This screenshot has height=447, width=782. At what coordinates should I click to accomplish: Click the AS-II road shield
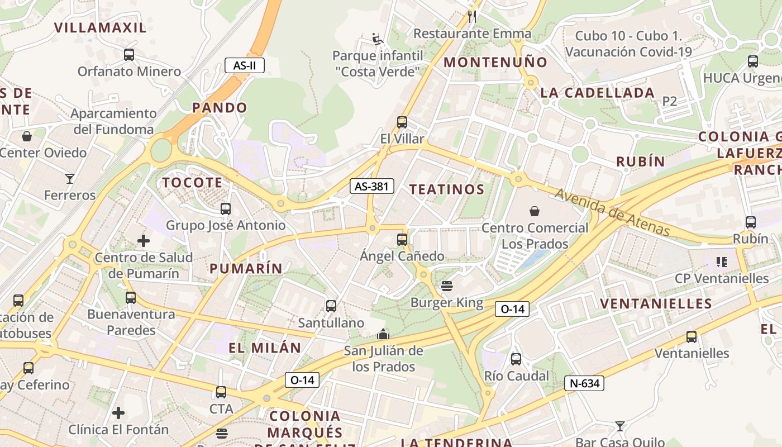[x=245, y=65]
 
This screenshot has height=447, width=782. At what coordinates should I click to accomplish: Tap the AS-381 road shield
[x=372, y=186]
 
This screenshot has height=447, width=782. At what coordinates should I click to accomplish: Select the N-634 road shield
[x=584, y=383]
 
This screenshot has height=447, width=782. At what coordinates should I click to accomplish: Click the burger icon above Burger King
[x=446, y=286]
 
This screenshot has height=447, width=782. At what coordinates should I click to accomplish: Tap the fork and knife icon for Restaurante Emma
[x=472, y=16]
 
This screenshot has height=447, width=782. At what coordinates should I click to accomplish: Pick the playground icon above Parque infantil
[x=378, y=39]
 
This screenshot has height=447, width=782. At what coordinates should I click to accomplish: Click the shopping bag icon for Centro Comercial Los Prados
[x=535, y=211]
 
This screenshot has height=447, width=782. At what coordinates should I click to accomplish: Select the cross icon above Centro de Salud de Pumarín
[x=144, y=241]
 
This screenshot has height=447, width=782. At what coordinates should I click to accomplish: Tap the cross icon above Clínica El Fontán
[x=118, y=413]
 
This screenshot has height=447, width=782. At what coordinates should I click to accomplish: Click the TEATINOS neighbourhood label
[x=447, y=189]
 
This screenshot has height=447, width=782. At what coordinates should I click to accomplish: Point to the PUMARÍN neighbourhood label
[x=246, y=268]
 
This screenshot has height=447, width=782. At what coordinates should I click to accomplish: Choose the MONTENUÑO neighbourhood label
[x=495, y=62]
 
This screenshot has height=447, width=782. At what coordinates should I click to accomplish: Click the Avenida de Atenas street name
[x=612, y=212]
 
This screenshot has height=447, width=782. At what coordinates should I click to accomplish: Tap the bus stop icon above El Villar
[x=402, y=122]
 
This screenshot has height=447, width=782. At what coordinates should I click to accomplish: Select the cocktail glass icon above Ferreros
[x=70, y=179]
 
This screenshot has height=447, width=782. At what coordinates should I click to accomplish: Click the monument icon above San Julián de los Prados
[x=383, y=334]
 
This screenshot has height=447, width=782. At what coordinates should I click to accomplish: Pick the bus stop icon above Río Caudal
[x=516, y=359]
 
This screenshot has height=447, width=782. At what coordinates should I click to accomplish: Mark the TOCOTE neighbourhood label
[x=193, y=183]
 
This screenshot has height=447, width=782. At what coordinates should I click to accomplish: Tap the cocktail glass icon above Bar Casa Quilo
[x=619, y=426]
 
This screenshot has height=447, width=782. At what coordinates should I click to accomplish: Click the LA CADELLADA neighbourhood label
[x=598, y=93]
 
